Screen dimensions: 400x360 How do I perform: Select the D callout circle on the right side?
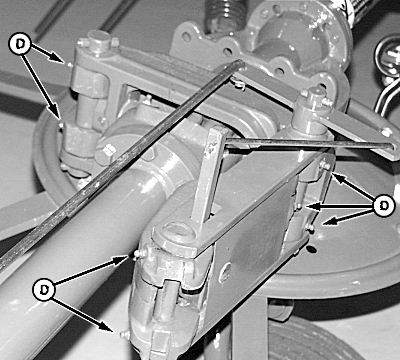tap(384, 206)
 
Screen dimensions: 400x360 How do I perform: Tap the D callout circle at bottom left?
tap(44, 290)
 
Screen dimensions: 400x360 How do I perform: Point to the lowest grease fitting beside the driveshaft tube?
tap(125, 334)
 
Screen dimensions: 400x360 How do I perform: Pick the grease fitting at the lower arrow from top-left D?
tap(61, 125)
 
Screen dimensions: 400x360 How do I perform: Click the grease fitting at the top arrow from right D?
tap(325, 165)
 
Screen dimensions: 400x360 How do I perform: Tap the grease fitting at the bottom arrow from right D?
tap(310, 228)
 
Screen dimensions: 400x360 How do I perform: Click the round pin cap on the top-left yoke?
tap(99, 40)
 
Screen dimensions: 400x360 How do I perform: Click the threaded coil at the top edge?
tap(224, 14)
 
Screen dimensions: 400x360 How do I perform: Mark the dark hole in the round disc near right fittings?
tap(312, 249)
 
